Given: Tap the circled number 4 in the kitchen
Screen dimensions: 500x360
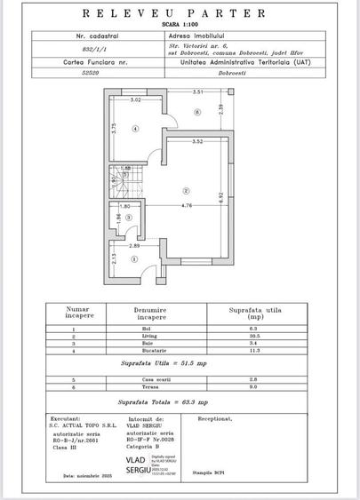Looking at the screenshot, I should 135,129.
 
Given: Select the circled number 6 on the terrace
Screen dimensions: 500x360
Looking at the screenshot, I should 196,112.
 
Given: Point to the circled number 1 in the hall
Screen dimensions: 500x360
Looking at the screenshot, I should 134,260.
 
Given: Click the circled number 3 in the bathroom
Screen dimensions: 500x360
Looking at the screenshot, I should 130,215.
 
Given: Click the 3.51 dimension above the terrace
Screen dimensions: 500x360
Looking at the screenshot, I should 199,91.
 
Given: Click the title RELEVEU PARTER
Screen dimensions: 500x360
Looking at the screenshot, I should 180,14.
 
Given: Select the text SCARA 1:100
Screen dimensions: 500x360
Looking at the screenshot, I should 180,25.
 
